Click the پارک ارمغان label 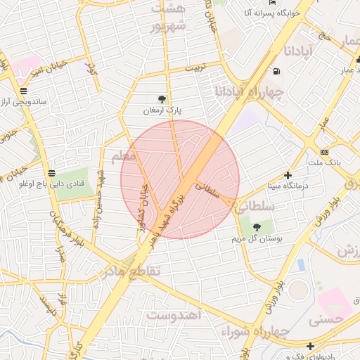tap(163, 110)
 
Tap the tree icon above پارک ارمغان tap(163, 99)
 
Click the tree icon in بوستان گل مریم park tap(257, 227)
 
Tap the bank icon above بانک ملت tap(324, 152)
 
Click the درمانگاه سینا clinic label tap(287, 186)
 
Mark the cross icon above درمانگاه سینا tap(287, 175)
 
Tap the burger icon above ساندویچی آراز tap(25, 91)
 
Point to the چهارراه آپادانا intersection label tap(257, 92)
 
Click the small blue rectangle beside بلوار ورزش tap(302, 266)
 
